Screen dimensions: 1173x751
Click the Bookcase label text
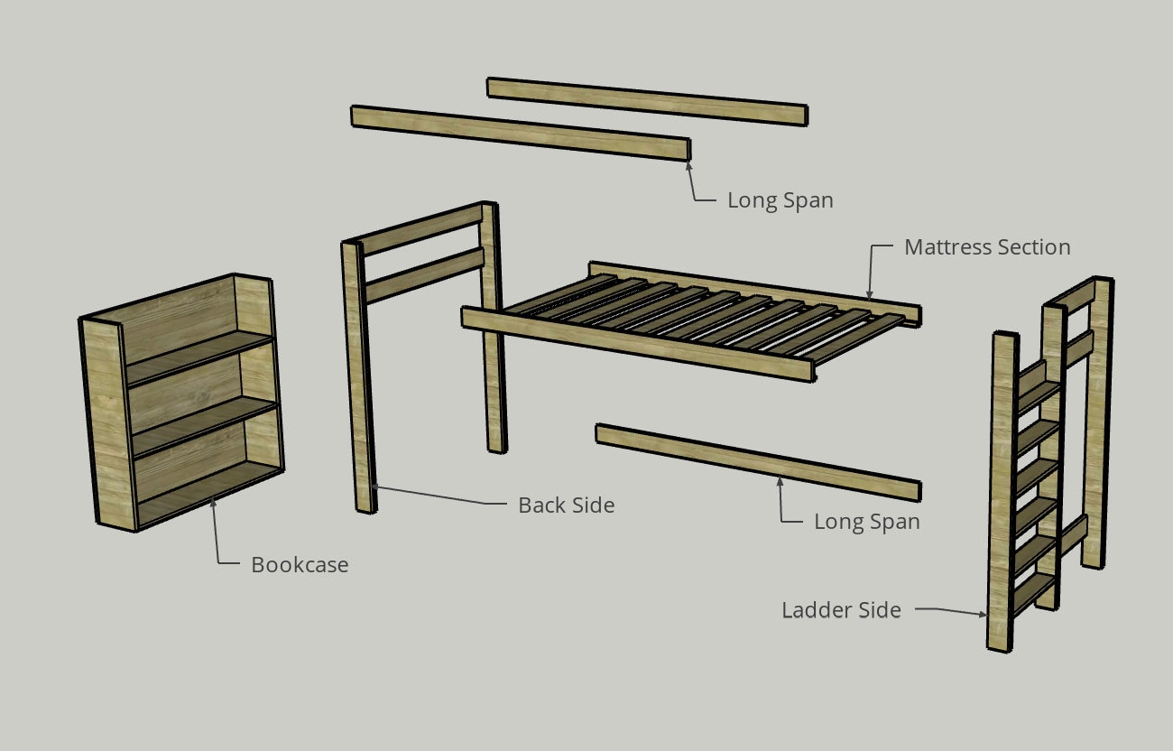pos(300,565)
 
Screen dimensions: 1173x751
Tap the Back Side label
pos(567,505)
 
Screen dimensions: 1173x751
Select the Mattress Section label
pos(987,247)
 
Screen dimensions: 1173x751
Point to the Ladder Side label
pos(842,610)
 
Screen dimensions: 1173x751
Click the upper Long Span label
pos(780,200)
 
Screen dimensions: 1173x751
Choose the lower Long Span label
pos(866,522)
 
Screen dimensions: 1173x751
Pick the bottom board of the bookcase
pos(208,495)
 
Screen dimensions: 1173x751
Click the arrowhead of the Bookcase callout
pos(213,503)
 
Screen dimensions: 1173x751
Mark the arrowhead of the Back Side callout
pos(375,487)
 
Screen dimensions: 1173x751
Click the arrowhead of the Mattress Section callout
pos(869,295)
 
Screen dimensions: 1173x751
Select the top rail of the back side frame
pos(422,230)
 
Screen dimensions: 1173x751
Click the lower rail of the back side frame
pos(424,276)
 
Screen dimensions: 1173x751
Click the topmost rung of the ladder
pos(1039,396)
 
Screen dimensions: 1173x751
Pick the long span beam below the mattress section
pos(758,462)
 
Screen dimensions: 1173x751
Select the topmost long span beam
pos(647,102)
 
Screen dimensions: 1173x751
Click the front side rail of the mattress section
pos(638,344)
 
